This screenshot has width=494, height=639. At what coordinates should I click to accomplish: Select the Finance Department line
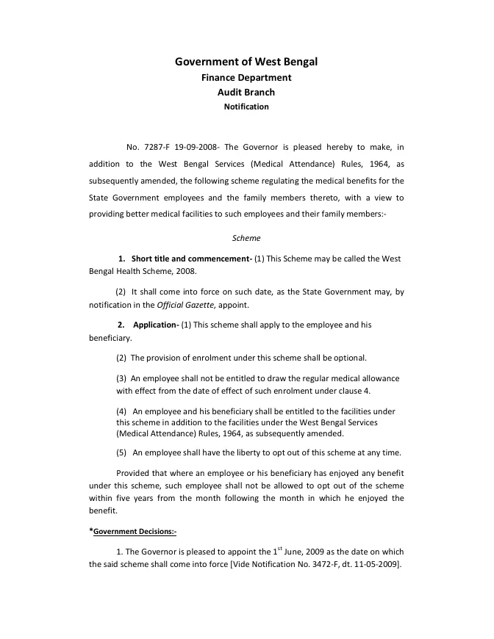246,78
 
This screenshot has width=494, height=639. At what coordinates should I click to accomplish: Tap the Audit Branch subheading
246,93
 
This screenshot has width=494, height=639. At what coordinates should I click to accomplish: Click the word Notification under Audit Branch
246,106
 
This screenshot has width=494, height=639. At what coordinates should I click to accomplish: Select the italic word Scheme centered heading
246,238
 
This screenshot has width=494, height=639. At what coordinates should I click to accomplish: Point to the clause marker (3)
121,378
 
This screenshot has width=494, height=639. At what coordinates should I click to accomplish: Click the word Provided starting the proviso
135,472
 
